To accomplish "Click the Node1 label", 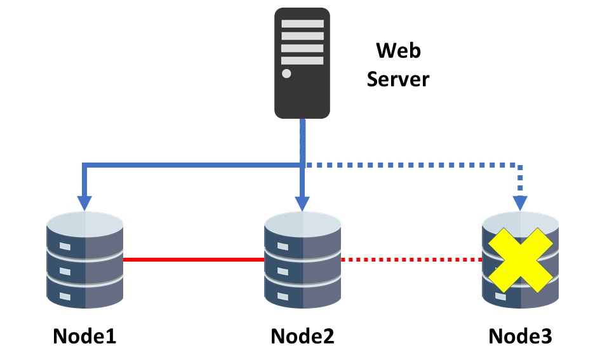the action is click(x=84, y=336).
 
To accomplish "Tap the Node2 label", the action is click(x=302, y=336).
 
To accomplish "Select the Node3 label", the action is click(x=521, y=336).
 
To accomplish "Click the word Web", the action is click(x=398, y=51).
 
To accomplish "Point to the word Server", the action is click(x=398, y=79).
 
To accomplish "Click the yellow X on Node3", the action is click(x=521, y=260).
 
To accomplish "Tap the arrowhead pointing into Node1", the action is click(x=84, y=203).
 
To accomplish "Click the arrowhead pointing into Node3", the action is click(x=520, y=203).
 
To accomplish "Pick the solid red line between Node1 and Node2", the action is click(x=194, y=260).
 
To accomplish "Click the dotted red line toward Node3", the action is click(x=411, y=260).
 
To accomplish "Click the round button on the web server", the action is click(x=286, y=74).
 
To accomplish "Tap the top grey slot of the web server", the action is click(x=302, y=23).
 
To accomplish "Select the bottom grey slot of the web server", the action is click(x=302, y=60).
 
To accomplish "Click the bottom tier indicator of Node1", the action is click(x=65, y=296).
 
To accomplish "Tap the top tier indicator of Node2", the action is click(x=283, y=246).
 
